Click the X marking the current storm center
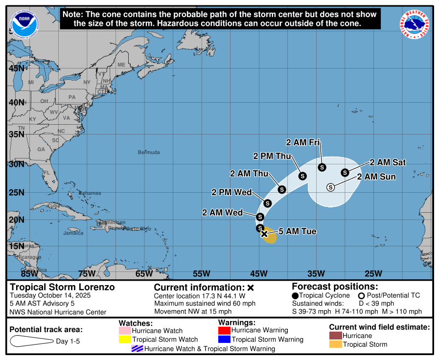(x=264, y=234)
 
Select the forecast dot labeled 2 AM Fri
(x=322, y=167)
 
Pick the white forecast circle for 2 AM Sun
(x=330, y=187)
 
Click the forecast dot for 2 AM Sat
(x=345, y=172)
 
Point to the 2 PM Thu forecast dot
(x=302, y=176)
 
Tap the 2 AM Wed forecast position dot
(x=260, y=217)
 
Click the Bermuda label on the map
(x=149, y=153)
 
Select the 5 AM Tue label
(x=298, y=231)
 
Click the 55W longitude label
(x=201, y=273)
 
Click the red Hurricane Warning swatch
(x=224, y=330)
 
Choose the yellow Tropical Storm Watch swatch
(x=125, y=339)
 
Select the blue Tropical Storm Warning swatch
(x=224, y=339)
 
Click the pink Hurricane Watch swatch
(x=125, y=331)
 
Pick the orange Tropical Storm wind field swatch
(x=335, y=344)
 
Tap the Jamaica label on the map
(x=73, y=233)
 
